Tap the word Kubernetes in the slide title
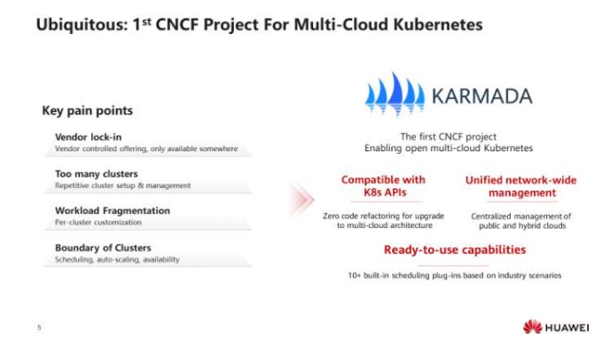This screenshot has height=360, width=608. tap(438, 24)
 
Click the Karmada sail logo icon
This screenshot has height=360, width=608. tap(394, 94)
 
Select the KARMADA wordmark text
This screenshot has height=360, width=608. tap(482, 97)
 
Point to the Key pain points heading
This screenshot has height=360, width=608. tap(87, 110)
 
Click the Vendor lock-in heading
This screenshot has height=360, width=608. tap(89, 137)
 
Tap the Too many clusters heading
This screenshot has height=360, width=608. tap(97, 174)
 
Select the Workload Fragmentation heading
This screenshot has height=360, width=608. tap(112, 210)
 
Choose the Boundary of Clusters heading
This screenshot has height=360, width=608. tap(104, 248)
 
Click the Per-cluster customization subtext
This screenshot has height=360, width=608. tap(98, 223)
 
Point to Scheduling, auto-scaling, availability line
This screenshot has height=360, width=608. tap(117, 260)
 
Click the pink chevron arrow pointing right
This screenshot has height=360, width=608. tap(301, 199)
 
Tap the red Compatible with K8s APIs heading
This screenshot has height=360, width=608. tap(384, 186)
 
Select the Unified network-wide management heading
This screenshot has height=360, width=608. tap(521, 186)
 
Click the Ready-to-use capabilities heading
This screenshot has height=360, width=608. tap(455, 250)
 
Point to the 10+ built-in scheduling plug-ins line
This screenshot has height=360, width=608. tap(454, 276)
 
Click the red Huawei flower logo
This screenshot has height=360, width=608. tap(532, 327)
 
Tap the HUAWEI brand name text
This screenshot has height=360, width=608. tap(567, 328)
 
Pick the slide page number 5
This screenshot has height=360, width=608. tap(39, 328)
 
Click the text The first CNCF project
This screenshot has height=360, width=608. tap(448, 137)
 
